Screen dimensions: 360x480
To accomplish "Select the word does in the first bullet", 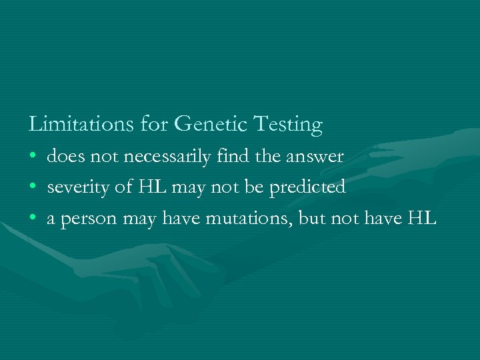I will coord(63,157).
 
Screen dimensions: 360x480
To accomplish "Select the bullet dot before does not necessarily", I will coord(33,157).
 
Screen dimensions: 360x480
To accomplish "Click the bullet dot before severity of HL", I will coord(33,188).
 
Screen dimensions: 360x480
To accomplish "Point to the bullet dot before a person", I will coord(33,219).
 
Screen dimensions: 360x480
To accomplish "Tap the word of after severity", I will coord(124,187).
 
